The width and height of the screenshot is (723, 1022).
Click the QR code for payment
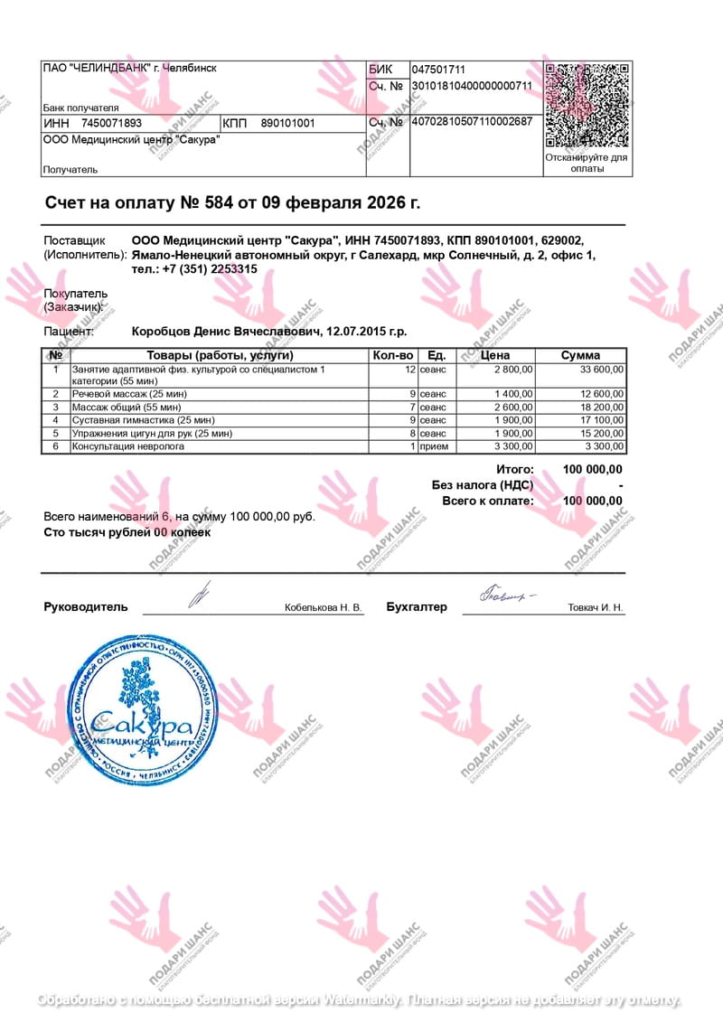[587, 105]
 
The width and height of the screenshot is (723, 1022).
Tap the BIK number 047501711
[438, 70]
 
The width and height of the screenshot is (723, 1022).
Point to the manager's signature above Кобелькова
[199, 594]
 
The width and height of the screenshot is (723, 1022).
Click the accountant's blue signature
[506, 595]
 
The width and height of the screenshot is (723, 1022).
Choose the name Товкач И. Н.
[595, 608]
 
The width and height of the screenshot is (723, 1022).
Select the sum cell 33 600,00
[601, 370]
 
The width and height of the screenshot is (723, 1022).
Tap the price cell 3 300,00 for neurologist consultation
[513, 446]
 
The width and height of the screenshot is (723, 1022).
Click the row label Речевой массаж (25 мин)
[129, 394]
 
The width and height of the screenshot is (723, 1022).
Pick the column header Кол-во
[393, 355]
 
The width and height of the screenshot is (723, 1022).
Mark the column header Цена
[496, 355]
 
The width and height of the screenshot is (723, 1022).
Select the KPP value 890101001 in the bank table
[287, 123]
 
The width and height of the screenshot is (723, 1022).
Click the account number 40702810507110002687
[472, 121]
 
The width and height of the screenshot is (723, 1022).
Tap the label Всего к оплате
[487, 501]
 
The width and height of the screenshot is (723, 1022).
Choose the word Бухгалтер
[416, 607]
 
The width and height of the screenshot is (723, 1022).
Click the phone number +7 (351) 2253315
[209, 269]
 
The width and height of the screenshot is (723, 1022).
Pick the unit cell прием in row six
[434, 446]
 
